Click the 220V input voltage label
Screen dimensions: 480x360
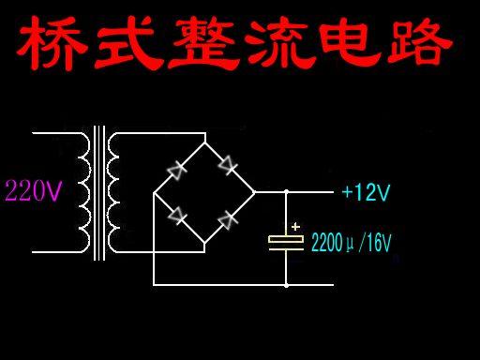(35, 192)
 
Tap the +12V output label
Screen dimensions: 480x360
(365, 193)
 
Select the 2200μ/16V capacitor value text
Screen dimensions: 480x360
(350, 243)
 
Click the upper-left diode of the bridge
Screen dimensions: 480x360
(176, 169)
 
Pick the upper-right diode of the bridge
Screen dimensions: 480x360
(227, 166)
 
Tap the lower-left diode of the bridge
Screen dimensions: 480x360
(176, 217)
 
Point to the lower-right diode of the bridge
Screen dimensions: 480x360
(227, 219)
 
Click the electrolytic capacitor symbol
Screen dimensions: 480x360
(286, 242)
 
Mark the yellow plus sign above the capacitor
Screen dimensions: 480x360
(296, 226)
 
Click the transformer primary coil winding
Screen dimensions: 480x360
(82, 192)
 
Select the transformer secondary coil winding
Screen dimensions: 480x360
(114, 192)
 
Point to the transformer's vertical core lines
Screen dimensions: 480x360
(98, 192)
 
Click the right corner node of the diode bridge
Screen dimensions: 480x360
(254, 192)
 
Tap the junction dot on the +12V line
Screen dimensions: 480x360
(286, 192)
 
